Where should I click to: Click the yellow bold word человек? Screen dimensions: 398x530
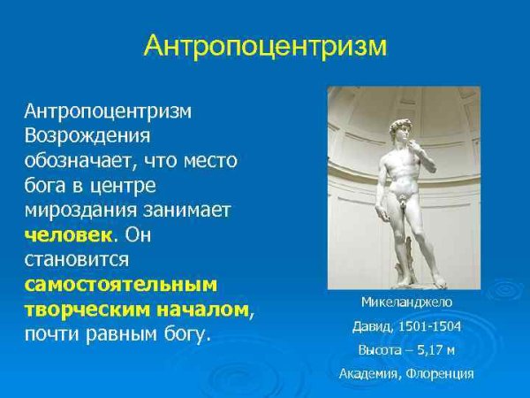coord(69,235)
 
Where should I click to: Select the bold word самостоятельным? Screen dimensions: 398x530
coord(120,285)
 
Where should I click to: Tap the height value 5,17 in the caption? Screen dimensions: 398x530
coord(435,349)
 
